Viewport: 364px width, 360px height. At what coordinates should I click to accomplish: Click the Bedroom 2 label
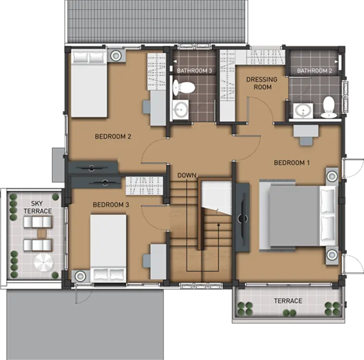tap(113, 136)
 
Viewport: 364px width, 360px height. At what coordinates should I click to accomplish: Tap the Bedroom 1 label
tap(292, 163)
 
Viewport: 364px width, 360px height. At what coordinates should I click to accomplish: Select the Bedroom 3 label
tap(111, 205)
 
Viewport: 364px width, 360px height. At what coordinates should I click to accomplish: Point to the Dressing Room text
tap(262, 83)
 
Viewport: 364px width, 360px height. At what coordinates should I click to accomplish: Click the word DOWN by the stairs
tap(187, 175)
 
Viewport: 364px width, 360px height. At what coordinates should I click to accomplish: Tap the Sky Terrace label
tap(37, 207)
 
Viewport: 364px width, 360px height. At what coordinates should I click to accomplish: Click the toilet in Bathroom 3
tap(184, 88)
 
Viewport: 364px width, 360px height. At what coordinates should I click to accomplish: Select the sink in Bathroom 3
tap(180, 110)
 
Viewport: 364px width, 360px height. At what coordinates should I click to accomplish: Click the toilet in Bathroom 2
tap(329, 107)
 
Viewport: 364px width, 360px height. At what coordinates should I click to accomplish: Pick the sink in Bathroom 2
tap(303, 110)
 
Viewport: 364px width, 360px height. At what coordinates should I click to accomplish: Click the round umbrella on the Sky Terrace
tap(44, 263)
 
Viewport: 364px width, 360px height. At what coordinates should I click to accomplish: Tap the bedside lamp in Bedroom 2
tap(116, 56)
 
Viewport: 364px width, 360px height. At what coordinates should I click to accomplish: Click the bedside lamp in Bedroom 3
tap(80, 276)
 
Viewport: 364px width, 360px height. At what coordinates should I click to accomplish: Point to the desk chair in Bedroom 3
tap(147, 261)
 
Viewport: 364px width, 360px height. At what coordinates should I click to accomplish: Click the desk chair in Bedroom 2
tap(147, 107)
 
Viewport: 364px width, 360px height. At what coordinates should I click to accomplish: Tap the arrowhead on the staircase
tap(218, 225)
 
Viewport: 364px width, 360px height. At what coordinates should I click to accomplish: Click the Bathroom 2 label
tap(315, 71)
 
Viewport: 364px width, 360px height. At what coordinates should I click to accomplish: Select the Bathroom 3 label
tap(195, 71)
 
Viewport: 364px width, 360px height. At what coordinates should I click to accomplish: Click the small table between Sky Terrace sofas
tap(42, 234)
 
